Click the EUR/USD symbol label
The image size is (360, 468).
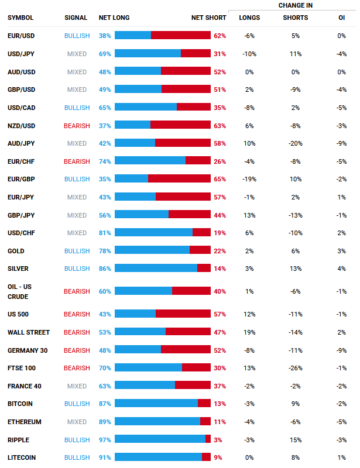[20, 36]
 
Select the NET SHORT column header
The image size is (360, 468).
[208, 18]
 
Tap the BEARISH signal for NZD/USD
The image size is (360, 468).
[77, 126]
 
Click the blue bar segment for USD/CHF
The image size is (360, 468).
[153, 233]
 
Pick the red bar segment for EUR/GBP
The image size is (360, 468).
[179, 179]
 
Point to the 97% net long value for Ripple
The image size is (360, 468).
[105, 440]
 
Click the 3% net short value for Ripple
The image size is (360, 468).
[218, 440]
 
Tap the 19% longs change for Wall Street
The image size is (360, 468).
[249, 332]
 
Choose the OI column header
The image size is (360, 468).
[341, 18]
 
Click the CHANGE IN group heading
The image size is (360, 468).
[295, 5]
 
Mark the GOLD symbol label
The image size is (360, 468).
[16, 251]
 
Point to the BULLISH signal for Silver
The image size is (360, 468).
[77, 269]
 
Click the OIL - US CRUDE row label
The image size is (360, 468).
[20, 291]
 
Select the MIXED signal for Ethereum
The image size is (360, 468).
[77, 422]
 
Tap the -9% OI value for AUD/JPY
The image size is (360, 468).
[341, 143]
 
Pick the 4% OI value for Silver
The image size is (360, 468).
[341, 269]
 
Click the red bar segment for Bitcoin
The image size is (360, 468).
[204, 404]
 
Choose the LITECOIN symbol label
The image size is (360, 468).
[22, 457]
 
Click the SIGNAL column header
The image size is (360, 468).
[76, 18]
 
